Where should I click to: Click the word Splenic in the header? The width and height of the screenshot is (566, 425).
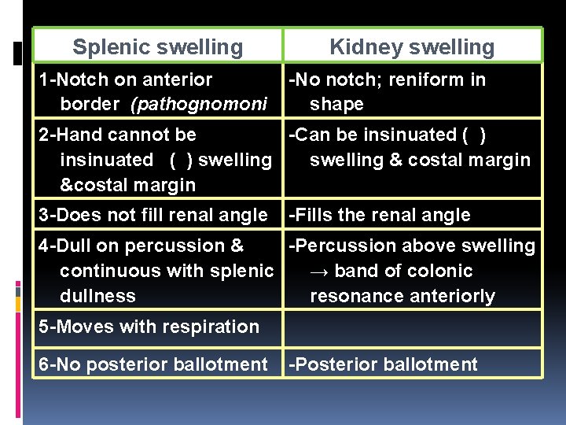point(111,47)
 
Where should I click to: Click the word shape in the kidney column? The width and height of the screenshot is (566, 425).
point(336,105)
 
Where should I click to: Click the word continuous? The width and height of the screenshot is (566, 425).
point(106,271)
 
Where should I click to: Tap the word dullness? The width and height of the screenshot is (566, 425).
point(97,296)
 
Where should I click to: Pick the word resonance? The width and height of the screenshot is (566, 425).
point(355,296)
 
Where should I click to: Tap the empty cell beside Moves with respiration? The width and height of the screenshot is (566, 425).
point(413,327)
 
